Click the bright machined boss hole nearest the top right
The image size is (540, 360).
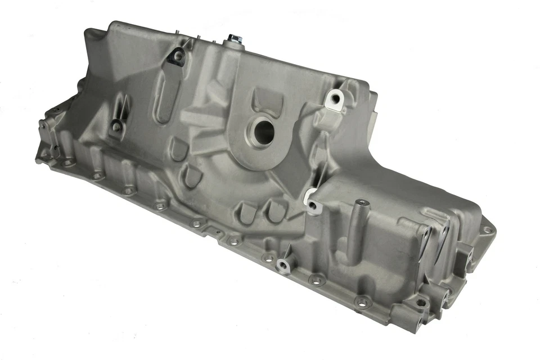coord(335,98)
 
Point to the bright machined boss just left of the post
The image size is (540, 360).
coord(311,200)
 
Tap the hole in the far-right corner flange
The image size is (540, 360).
coord(487,229)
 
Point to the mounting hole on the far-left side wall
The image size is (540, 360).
coord(116,127)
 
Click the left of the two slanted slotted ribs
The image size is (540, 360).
coord(245,213)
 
